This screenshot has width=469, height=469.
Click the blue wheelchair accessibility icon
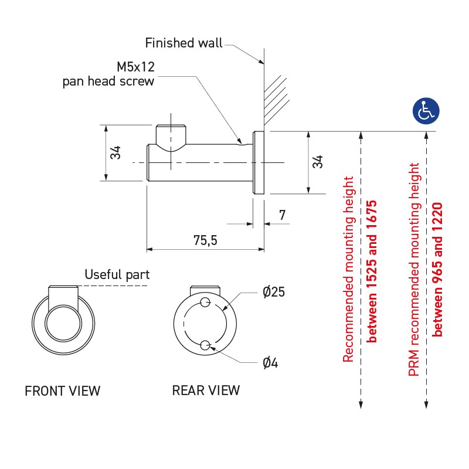point(426,110)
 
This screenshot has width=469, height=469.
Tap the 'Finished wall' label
point(183,43)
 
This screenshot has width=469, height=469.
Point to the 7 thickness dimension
point(283,215)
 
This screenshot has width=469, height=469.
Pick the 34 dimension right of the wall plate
point(317,162)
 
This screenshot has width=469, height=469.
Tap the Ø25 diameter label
point(274,293)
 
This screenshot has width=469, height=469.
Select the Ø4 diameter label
point(270,363)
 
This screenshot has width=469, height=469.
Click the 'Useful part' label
point(117,274)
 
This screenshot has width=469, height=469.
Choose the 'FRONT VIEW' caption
point(62,390)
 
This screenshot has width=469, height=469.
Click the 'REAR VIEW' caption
point(206,390)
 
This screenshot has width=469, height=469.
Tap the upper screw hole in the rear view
point(205,303)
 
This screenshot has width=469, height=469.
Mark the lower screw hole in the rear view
point(205,346)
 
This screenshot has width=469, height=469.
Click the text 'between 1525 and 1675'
point(371,271)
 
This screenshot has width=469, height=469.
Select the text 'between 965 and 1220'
point(437,269)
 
